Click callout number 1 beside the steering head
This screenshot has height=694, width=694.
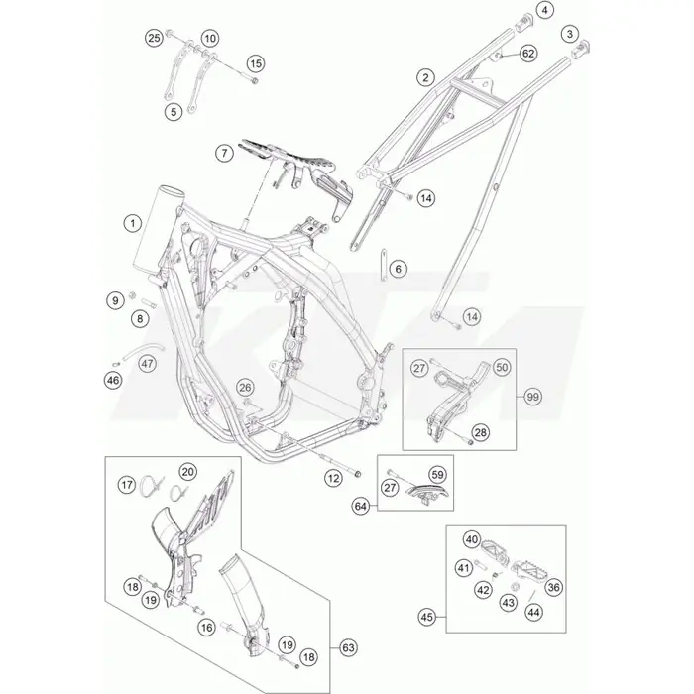(133, 223)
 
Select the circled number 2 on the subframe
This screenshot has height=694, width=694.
(425, 78)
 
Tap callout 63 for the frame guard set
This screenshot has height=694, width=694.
(348, 648)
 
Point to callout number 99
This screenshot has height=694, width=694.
(533, 397)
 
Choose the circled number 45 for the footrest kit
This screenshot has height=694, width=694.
(427, 617)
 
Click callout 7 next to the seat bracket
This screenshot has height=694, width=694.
(224, 153)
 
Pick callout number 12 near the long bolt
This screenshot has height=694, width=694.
(333, 478)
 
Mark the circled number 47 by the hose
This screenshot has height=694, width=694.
(148, 364)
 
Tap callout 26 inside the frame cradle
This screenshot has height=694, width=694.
(245, 388)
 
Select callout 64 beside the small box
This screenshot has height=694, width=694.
(361, 506)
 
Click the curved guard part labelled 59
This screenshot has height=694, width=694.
(428, 492)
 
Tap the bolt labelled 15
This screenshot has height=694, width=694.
(253, 80)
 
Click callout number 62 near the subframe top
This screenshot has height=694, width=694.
(528, 54)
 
